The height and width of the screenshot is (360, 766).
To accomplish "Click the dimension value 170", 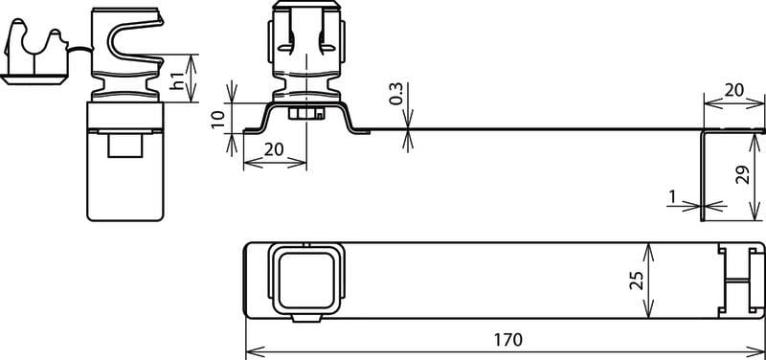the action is (508, 340).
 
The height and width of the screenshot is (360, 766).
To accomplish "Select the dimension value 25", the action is (636, 281).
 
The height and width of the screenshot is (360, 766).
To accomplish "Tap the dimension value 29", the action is (743, 175).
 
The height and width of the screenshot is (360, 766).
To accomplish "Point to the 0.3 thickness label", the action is (396, 94).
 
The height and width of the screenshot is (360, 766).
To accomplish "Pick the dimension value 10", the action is (218, 119).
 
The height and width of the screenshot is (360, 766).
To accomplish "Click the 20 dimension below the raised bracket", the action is (274, 149).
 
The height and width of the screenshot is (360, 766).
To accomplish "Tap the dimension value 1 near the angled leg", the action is (672, 196).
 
